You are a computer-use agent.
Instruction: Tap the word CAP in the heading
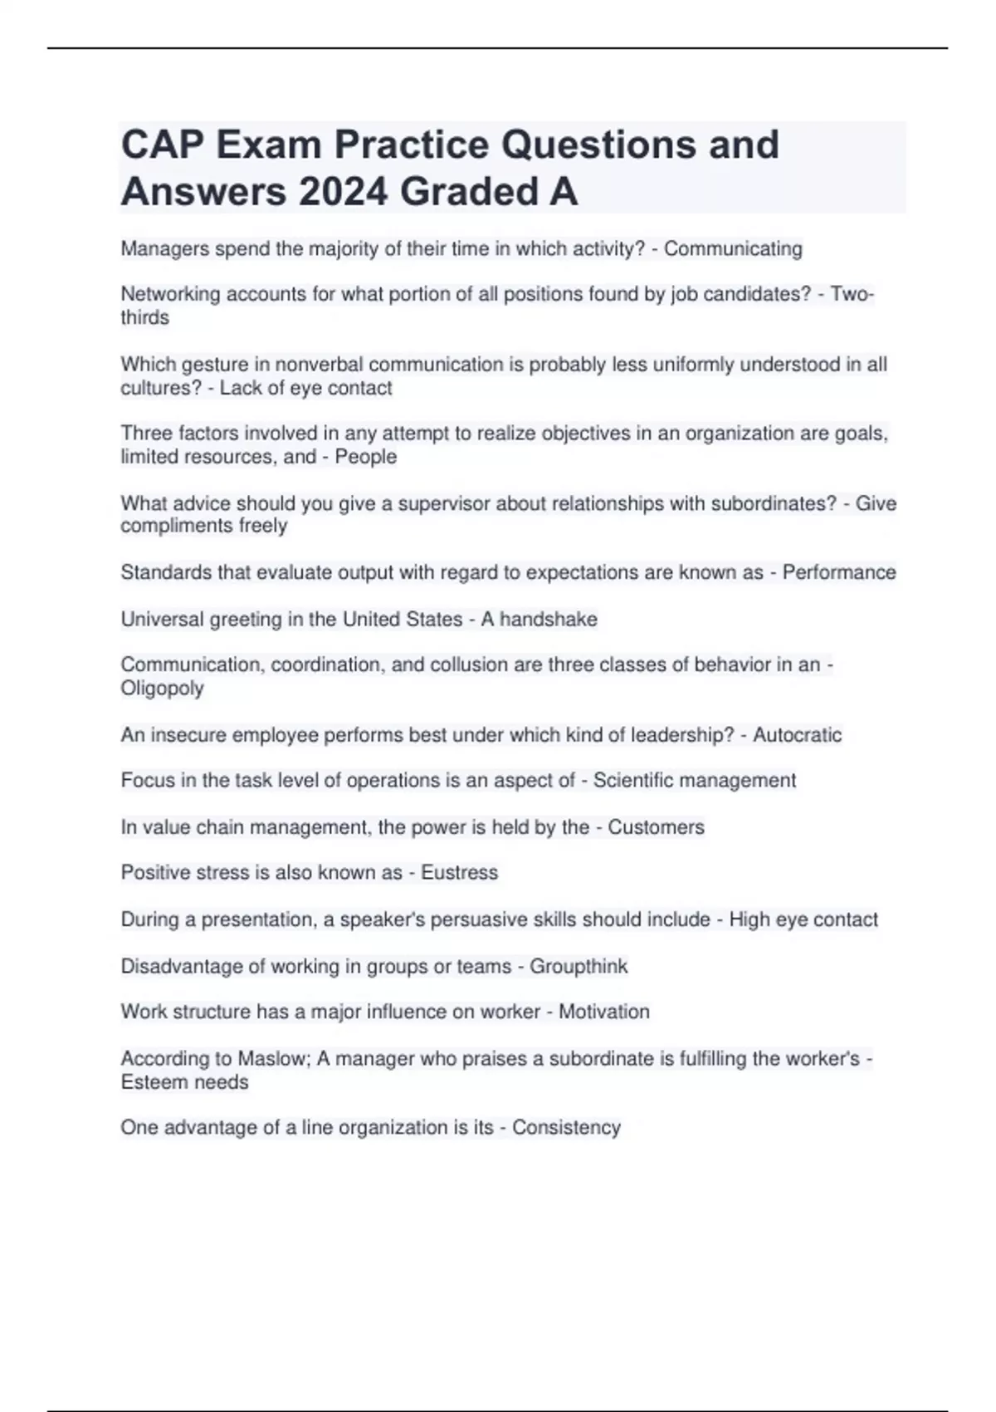point(162,145)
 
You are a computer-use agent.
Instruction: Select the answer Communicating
point(733,249)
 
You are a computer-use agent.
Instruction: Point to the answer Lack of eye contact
point(305,388)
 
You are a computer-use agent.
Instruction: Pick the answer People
point(366,457)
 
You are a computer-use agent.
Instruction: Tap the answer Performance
point(839,572)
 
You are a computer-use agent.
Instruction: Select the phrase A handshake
point(539,620)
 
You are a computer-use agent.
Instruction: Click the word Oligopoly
point(162,689)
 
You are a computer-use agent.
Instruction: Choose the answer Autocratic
point(797,735)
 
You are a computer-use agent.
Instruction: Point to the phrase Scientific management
point(695,781)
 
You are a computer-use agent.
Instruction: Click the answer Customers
point(656,827)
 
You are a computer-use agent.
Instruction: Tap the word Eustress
point(459,873)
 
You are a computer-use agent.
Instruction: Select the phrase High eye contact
point(803,919)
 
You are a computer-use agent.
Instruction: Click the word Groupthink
point(579,967)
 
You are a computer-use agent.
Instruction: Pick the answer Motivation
point(603,1012)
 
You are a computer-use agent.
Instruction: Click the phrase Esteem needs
point(184,1082)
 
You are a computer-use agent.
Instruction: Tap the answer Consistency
point(566,1128)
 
